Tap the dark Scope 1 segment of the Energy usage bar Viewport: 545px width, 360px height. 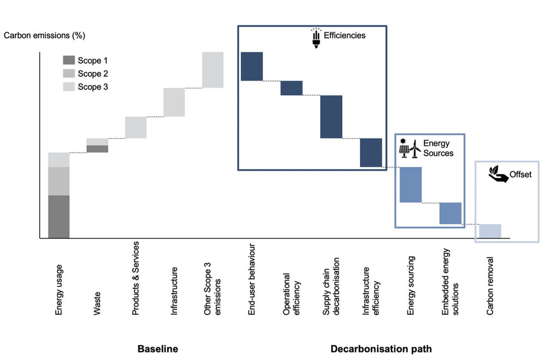pos(59,217)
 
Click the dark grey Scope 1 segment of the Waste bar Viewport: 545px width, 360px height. pos(97,149)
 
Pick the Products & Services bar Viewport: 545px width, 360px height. pos(136,127)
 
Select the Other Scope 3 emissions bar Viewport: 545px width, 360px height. pos(213,69)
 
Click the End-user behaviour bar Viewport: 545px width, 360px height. pos(252,66)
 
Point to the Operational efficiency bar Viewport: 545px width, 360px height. pos(291,88)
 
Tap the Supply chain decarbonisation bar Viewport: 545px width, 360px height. pos(331,117)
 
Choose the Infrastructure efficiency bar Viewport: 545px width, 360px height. pos(370,153)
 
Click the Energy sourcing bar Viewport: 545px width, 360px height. pos(410,184)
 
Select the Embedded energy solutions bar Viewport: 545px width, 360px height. pos(451,213)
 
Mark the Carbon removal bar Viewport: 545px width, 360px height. pos(490,231)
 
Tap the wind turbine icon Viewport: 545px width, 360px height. pos(415,148)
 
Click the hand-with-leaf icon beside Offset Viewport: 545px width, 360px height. pos(498,175)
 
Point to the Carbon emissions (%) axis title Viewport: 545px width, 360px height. pos(45,36)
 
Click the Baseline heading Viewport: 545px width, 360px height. pos(157,349)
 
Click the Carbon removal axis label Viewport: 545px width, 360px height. pos(490,286)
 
